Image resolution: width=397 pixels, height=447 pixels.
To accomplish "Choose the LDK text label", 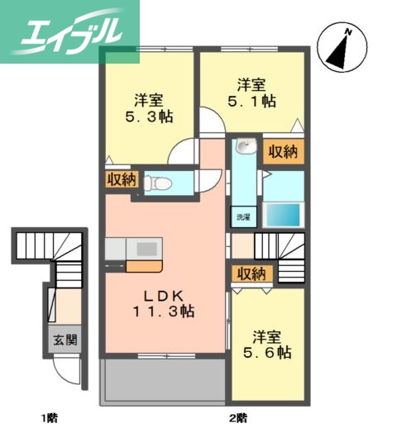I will coord(165,296).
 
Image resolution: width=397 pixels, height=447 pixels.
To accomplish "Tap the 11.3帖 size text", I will coord(165,312).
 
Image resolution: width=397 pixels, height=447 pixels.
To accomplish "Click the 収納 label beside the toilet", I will coord(121,178).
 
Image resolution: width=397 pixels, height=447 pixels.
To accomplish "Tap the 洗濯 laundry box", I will coord(242,217).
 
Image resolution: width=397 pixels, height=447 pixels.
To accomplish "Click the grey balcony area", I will coord(162,382).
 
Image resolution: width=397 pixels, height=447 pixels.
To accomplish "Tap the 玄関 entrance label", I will coord(63,339).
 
